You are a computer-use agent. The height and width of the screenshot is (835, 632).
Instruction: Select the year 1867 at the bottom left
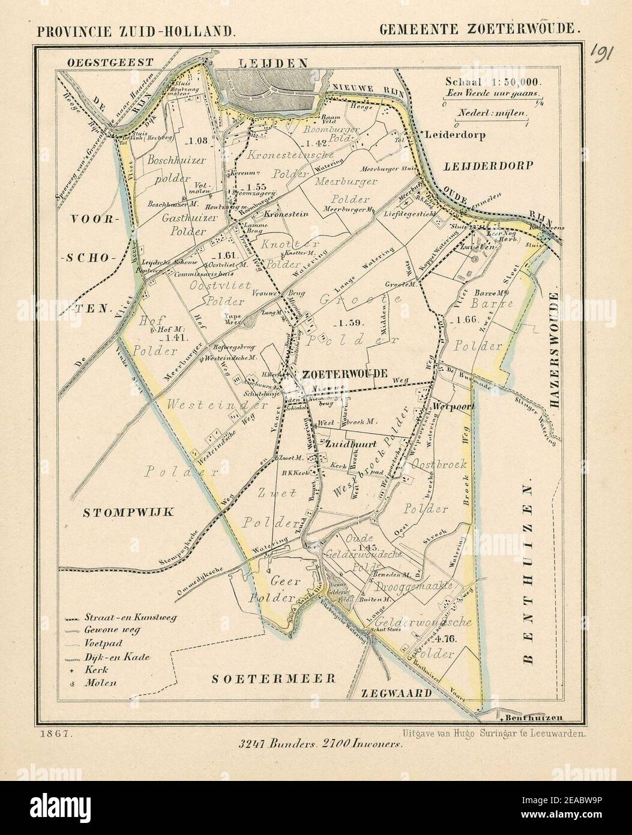click(55, 733)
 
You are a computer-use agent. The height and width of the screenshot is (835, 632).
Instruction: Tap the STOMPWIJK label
click(128, 512)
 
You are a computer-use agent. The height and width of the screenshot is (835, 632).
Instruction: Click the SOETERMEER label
click(273, 678)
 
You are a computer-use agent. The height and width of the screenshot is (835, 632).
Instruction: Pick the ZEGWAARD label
click(396, 693)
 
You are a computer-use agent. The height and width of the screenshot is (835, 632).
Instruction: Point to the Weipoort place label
click(454, 407)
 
